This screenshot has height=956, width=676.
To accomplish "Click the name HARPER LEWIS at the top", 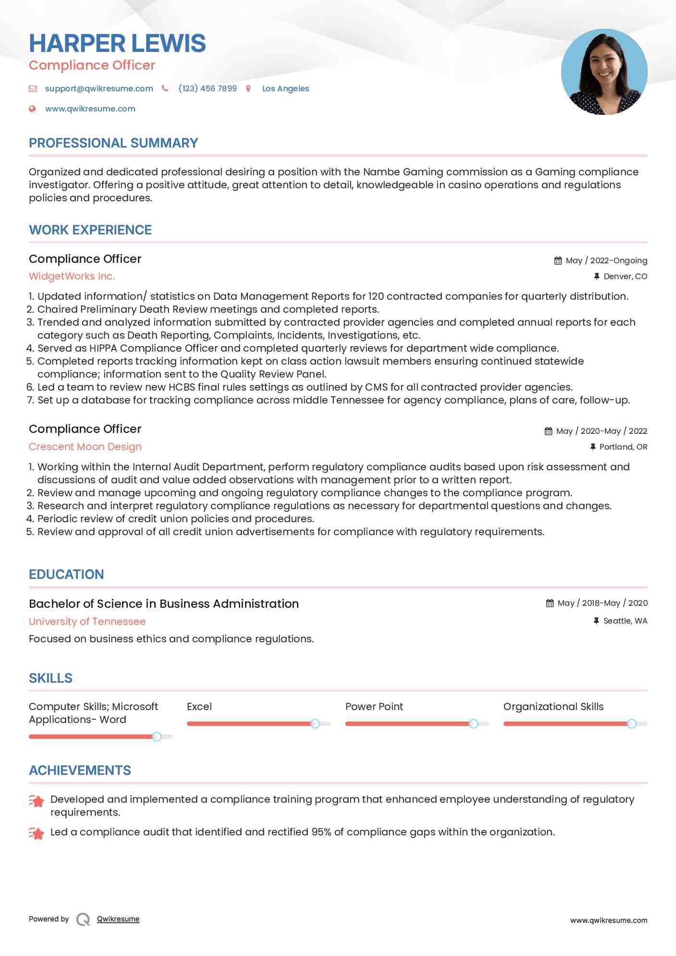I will coord(117,43).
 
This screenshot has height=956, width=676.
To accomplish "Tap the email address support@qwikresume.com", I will coord(99,88).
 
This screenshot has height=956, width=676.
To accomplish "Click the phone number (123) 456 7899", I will coord(207,88).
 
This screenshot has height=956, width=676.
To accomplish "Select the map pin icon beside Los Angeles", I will coord(248,88).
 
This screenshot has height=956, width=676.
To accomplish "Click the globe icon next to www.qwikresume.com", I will coord(32,109).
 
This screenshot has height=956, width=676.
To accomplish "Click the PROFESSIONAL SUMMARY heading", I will coord(113,143).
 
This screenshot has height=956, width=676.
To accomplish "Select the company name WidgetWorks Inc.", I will coord(72,276).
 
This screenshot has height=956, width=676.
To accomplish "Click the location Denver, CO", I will coord(625,276).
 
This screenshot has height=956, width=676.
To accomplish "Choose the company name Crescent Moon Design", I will coord(85,447).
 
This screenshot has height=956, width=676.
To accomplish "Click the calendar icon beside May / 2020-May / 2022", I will coord(548,431).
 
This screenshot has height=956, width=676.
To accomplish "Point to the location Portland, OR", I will coord(623,447).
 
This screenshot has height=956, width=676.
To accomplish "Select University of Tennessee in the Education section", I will coord(87,621).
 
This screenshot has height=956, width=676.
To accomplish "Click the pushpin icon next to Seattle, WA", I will coord(596,621).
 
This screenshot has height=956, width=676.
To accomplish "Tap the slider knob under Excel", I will coord(315,723).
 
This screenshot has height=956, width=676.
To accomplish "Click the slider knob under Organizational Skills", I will coord(632,723).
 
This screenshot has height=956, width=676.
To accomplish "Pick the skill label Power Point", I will coord(374,707).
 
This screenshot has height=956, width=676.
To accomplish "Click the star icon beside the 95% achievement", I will coord(37,833).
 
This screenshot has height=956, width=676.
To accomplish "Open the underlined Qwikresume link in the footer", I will coord(118,919).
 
